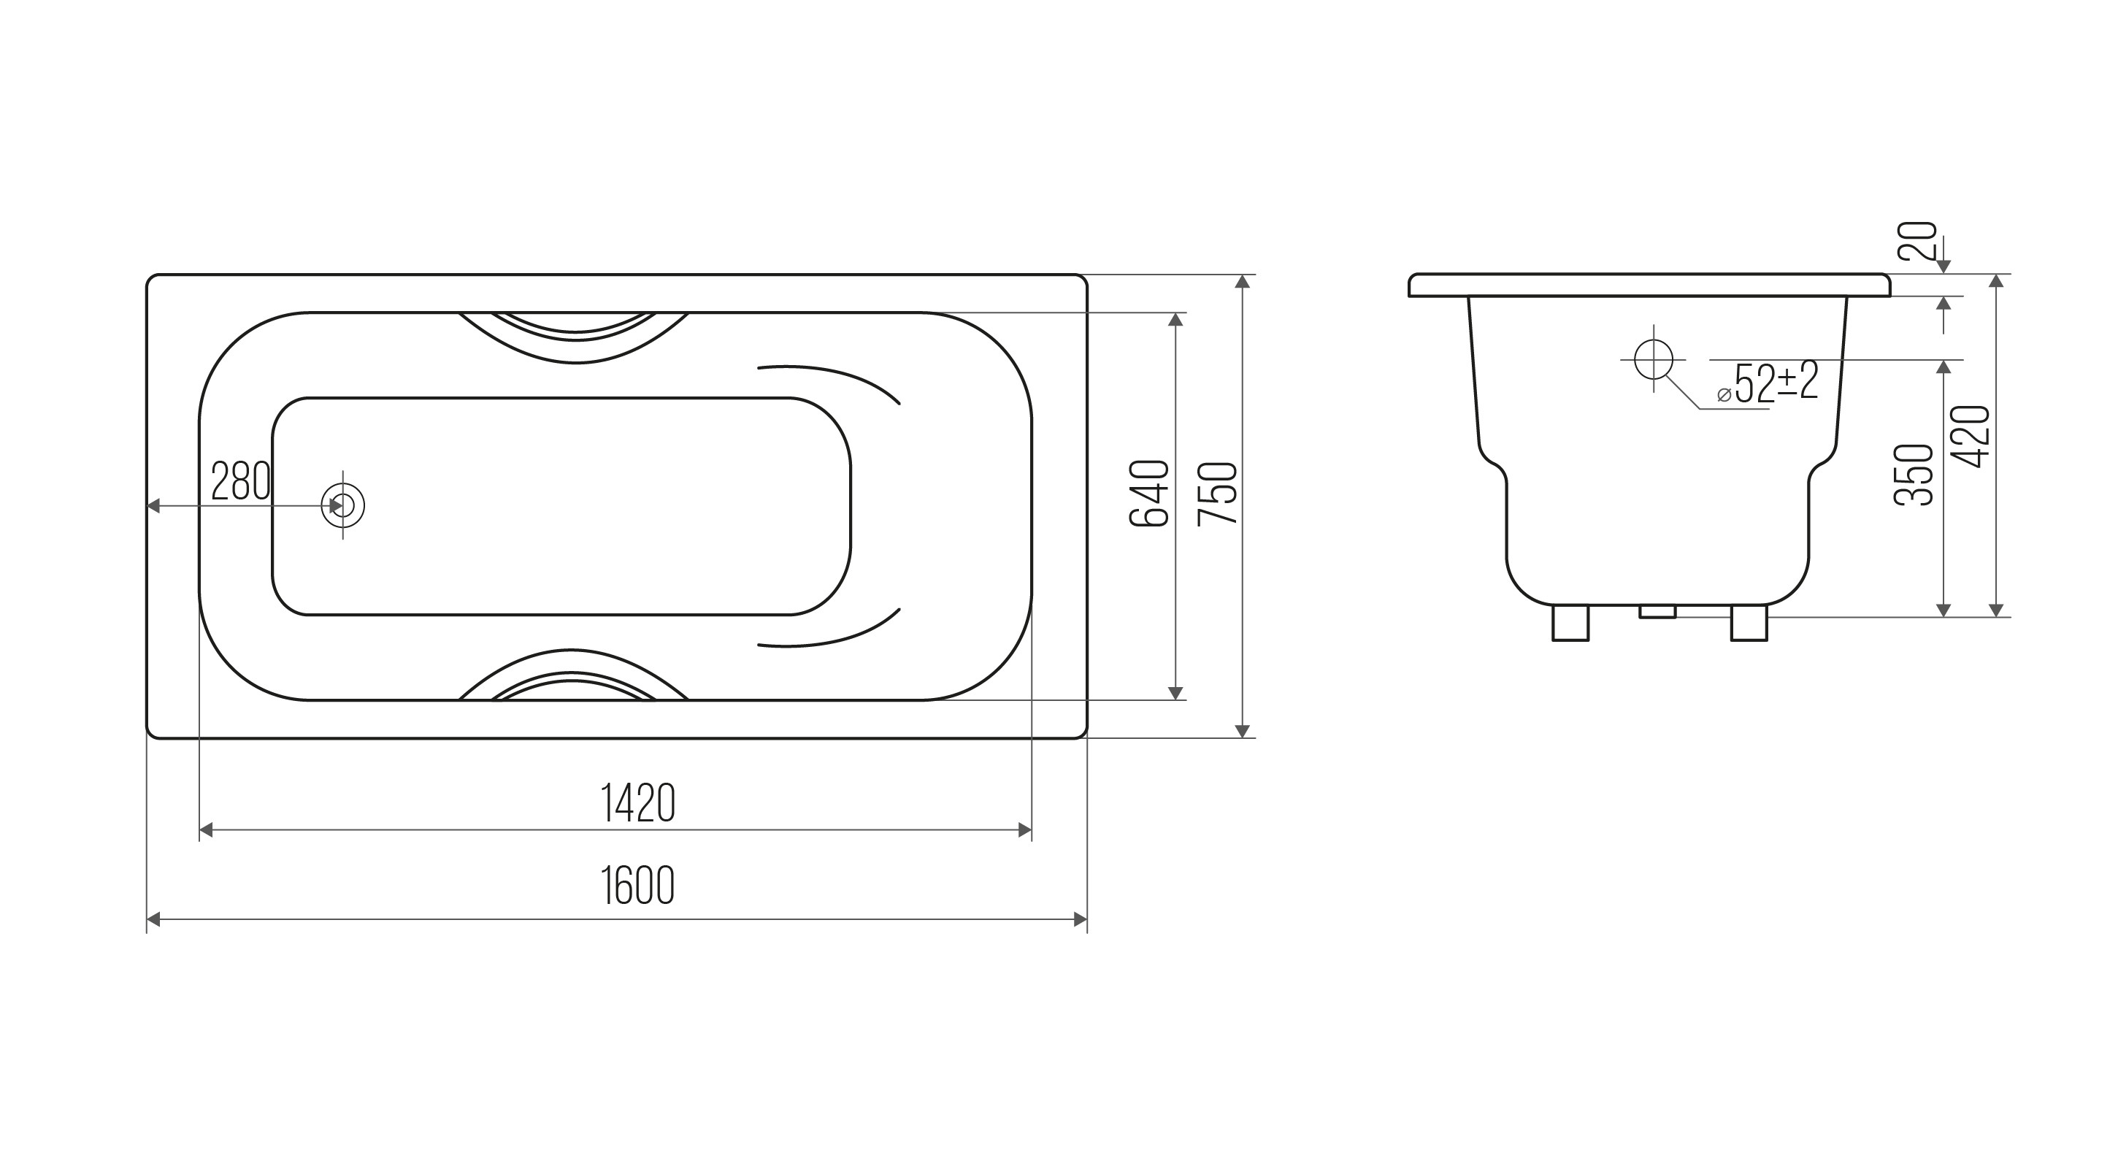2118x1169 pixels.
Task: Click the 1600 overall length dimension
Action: (x=638, y=886)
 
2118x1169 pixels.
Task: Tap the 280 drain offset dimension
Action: (x=241, y=481)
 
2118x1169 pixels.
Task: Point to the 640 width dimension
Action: (x=1149, y=494)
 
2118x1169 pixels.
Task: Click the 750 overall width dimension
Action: (x=1218, y=494)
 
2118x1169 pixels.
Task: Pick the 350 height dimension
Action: (x=1914, y=475)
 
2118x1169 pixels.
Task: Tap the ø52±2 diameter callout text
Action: (x=1768, y=383)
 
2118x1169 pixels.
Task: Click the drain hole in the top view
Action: (x=343, y=505)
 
